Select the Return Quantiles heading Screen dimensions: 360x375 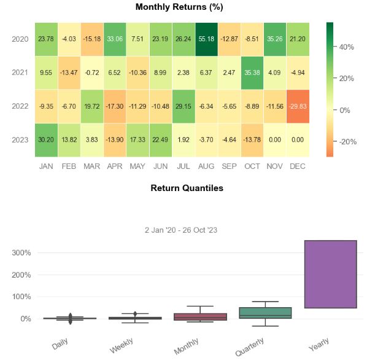(x=187, y=188)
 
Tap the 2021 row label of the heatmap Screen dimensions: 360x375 (x=20, y=72)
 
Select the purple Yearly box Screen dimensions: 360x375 (x=331, y=274)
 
